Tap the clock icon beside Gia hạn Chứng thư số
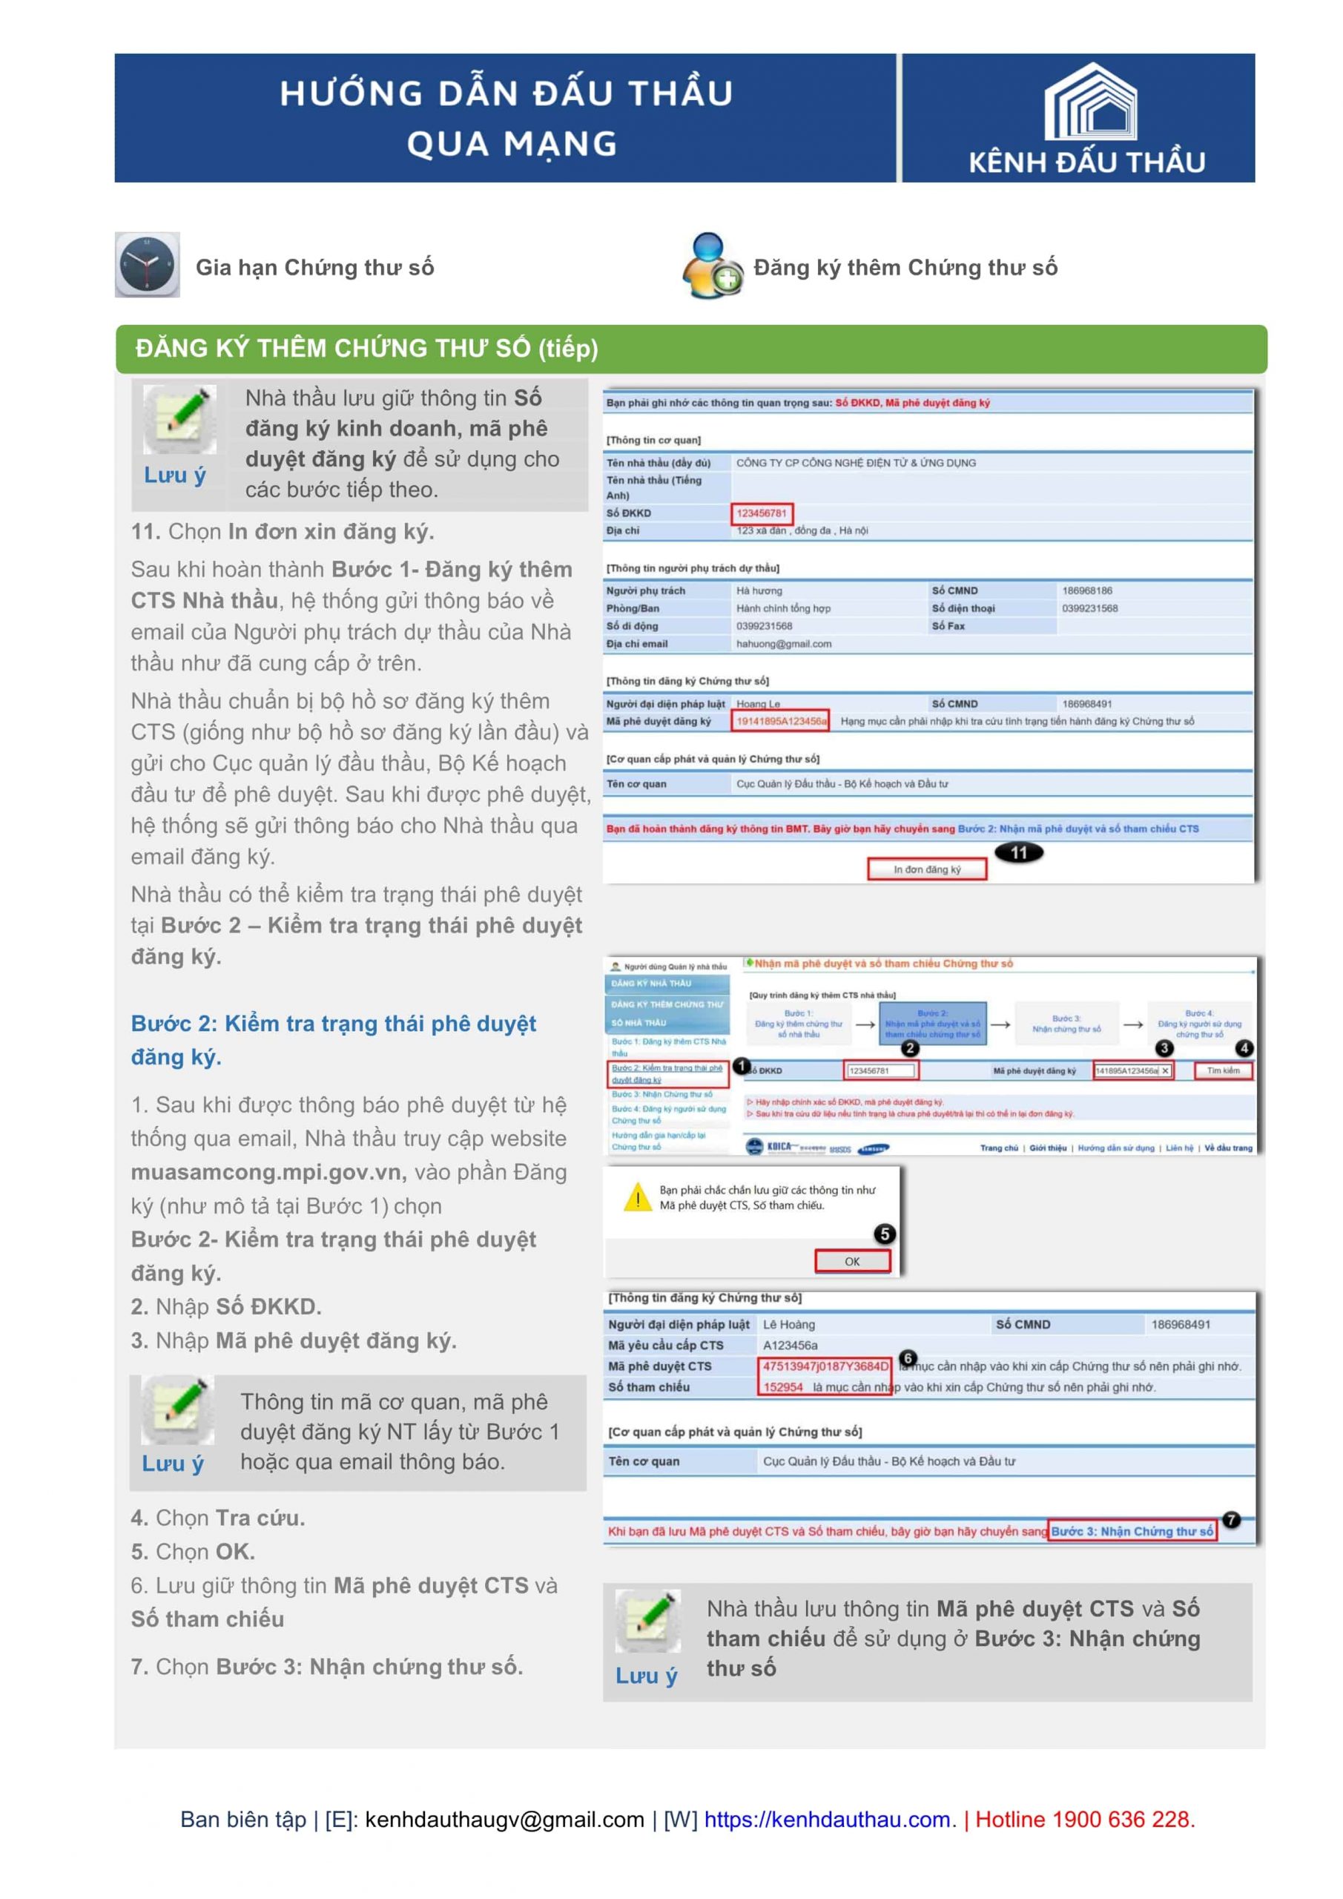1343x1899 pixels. [x=147, y=265]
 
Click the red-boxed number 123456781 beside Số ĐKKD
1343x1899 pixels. [x=762, y=513]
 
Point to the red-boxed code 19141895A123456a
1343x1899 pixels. [x=781, y=721]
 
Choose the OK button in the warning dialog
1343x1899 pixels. [x=852, y=1261]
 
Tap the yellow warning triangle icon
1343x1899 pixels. [x=637, y=1197]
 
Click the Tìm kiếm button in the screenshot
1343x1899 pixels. [x=1223, y=1070]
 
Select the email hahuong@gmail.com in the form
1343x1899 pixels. [x=784, y=643]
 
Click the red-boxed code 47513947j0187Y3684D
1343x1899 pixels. [x=825, y=1366]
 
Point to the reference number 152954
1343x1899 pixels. [x=783, y=1387]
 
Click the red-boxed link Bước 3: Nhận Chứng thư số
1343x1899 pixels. [x=1132, y=1531]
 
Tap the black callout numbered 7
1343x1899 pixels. [x=1230, y=1519]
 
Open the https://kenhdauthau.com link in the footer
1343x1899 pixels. [x=827, y=1819]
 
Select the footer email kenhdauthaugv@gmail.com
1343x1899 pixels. [x=504, y=1819]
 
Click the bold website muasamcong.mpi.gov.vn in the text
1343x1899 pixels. [x=268, y=1172]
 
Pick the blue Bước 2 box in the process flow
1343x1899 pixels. [x=932, y=1023]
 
